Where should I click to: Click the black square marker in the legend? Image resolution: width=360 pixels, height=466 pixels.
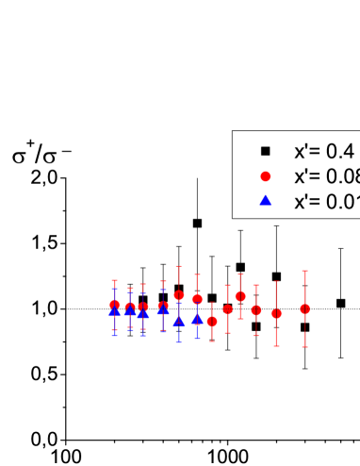pyautogui.click(x=266, y=150)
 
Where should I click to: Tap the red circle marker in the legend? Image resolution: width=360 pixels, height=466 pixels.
pyautogui.click(x=266, y=175)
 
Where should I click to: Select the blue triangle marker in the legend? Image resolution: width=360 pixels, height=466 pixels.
pyautogui.click(x=266, y=201)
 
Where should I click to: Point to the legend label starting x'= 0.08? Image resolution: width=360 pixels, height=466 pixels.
pyautogui.click(x=325, y=175)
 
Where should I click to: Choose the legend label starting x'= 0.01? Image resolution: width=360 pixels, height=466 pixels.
pyautogui.click(x=325, y=201)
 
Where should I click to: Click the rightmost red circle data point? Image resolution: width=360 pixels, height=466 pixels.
pyautogui.click(x=304, y=308)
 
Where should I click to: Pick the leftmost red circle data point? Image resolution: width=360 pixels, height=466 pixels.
pyautogui.click(x=115, y=305)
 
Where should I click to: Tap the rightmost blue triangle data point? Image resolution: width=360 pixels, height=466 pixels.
pyautogui.click(x=197, y=319)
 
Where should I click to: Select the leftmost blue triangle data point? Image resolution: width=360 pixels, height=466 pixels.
pyautogui.click(x=115, y=311)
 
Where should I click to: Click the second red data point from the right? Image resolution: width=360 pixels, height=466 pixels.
pyautogui.click(x=276, y=313)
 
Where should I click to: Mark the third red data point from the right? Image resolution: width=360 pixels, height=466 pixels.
pyautogui.click(x=255, y=309)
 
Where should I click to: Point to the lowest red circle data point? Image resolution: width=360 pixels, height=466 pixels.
pyautogui.click(x=212, y=322)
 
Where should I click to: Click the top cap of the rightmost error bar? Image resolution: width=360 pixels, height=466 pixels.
pyautogui.click(x=304, y=271)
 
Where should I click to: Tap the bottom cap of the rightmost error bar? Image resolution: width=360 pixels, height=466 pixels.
pyautogui.click(x=304, y=347)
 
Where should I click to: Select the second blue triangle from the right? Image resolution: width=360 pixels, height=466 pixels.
pyautogui.click(x=178, y=321)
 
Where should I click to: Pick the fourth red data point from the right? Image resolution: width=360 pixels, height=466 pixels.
pyautogui.click(x=240, y=296)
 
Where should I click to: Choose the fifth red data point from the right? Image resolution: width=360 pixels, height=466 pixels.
pyautogui.click(x=227, y=309)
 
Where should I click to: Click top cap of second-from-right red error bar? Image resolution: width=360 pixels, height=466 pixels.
pyautogui.click(x=276, y=281)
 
